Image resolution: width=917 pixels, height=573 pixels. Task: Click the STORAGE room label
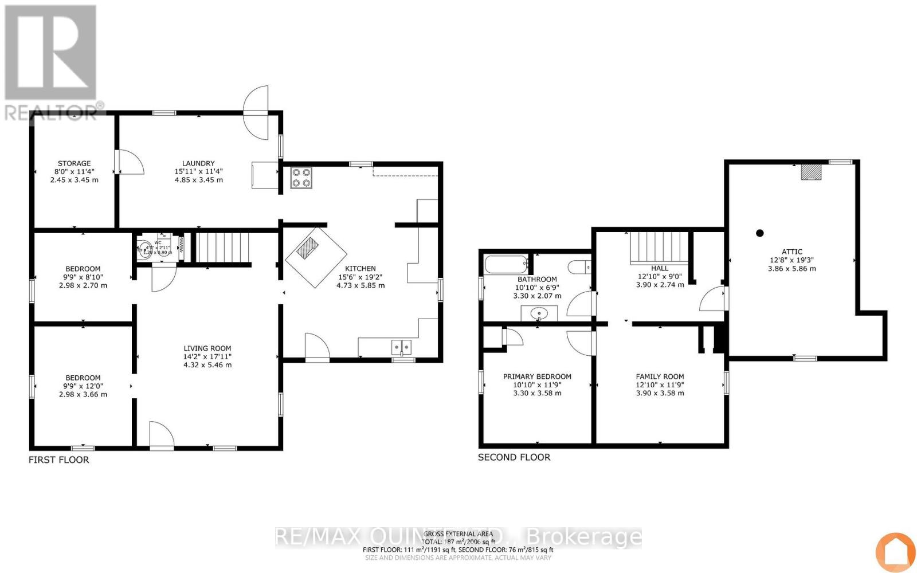pyautogui.click(x=74, y=163)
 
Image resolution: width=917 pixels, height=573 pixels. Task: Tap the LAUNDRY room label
pyautogui.click(x=198, y=163)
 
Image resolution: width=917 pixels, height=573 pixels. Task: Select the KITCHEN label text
pyautogui.click(x=360, y=268)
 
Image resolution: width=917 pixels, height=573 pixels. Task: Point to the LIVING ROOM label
pyautogui.click(x=207, y=348)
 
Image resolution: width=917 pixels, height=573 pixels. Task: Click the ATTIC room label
pyautogui.click(x=791, y=252)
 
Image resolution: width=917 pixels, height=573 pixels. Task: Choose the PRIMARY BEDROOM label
pyautogui.click(x=537, y=376)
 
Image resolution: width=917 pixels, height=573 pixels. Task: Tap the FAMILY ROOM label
pyautogui.click(x=660, y=376)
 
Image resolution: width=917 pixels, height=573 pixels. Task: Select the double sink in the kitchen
pyautogui.click(x=402, y=347)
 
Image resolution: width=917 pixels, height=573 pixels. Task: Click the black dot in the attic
pyautogui.click(x=760, y=233)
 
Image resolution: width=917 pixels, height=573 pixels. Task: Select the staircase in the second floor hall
pyautogui.click(x=659, y=247)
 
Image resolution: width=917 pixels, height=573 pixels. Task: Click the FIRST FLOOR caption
pyautogui.click(x=59, y=460)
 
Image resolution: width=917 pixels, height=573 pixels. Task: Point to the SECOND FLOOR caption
pyautogui.click(x=514, y=457)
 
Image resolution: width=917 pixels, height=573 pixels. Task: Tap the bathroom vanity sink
pyautogui.click(x=539, y=313)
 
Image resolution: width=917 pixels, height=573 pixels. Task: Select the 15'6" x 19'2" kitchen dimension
pyautogui.click(x=360, y=277)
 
